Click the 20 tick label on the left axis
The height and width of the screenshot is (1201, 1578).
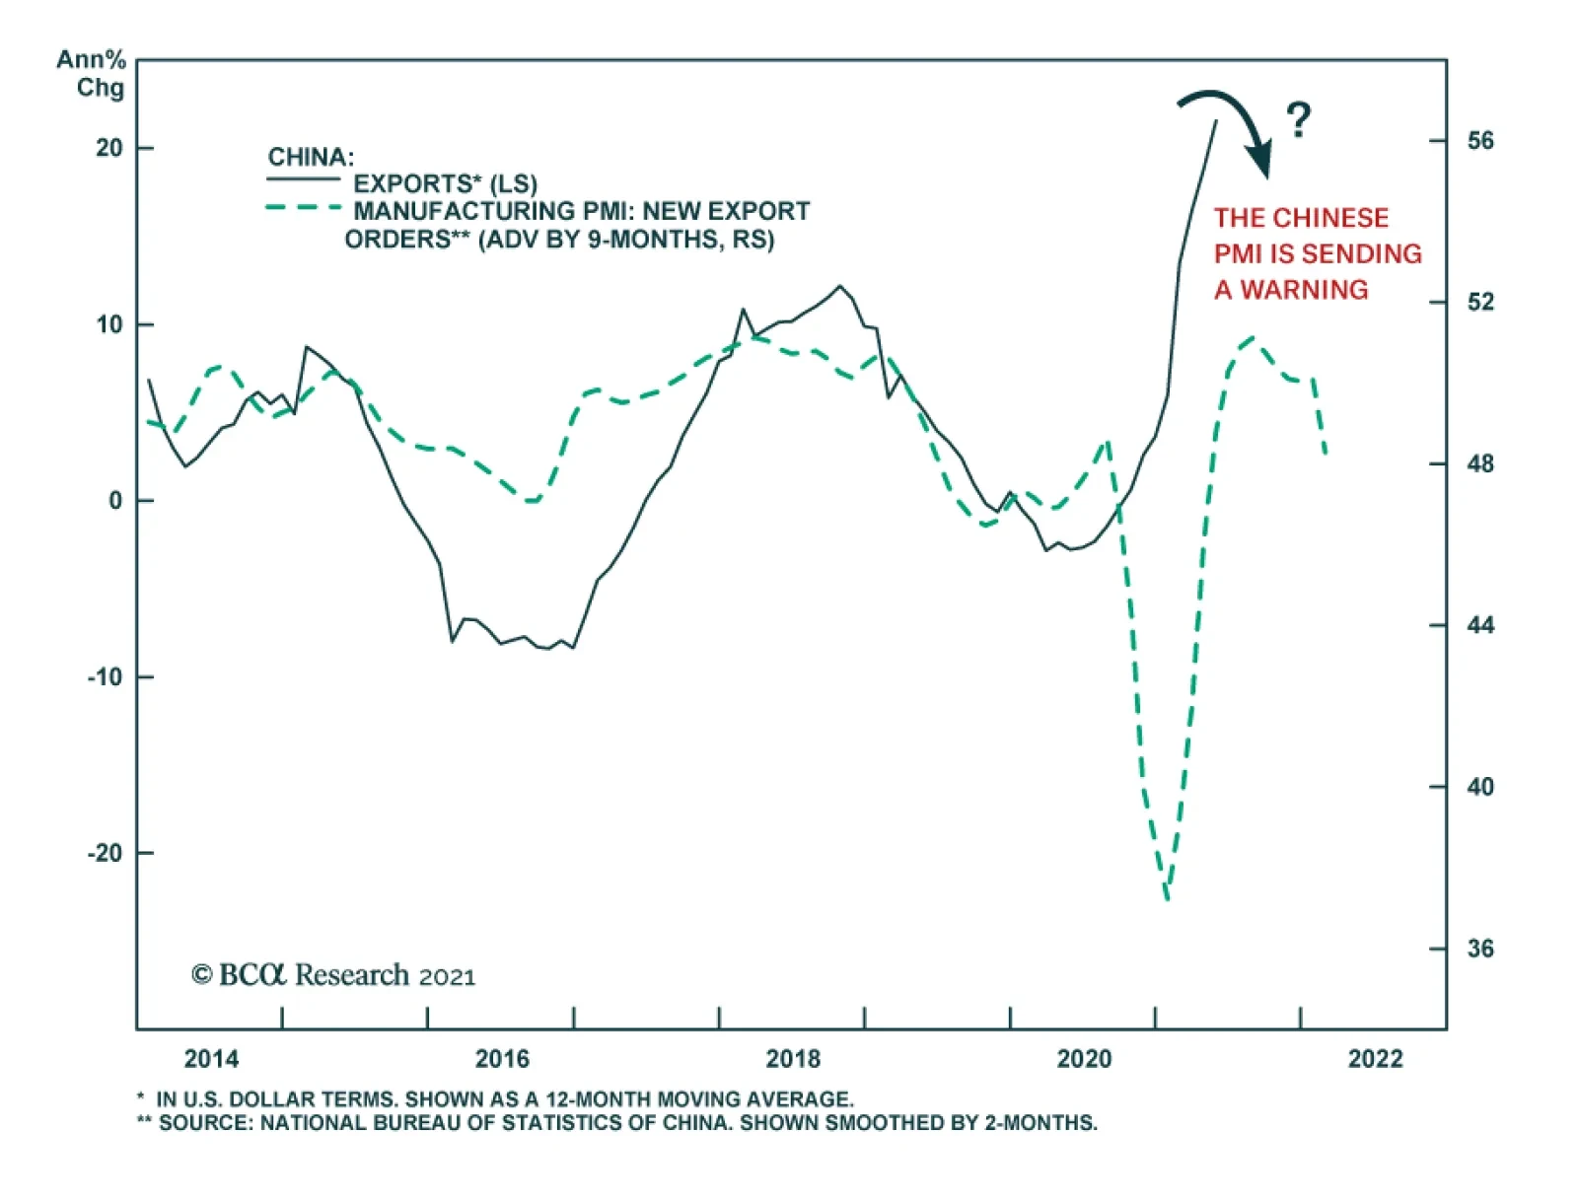109,148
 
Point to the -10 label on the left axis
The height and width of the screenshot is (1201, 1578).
106,677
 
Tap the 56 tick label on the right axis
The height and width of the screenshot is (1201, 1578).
1479,141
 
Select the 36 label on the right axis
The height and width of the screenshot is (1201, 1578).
1479,949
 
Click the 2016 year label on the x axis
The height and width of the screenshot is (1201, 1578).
502,1059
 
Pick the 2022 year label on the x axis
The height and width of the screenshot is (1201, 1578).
1375,1059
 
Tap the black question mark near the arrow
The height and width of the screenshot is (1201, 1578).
1299,120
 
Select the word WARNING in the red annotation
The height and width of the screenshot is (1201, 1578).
1304,290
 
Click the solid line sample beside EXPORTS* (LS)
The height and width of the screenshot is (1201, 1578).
303,179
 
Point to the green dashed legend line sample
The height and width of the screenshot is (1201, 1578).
303,208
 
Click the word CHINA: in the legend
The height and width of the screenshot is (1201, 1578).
311,157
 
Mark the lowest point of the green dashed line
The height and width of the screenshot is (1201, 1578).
1167,898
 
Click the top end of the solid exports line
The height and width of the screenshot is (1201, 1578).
1216,121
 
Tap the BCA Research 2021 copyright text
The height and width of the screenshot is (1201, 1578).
333,975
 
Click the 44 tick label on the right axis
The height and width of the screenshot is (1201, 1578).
1479,625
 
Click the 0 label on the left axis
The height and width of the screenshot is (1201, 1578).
116,501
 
